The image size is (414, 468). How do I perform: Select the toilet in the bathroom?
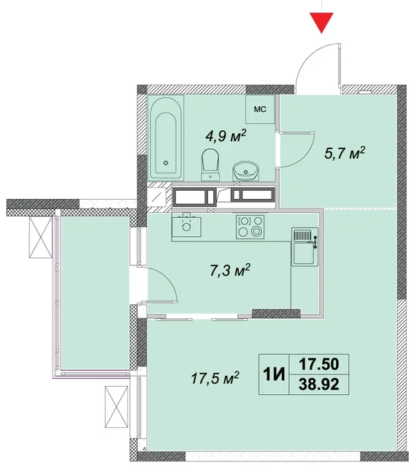click(210, 165)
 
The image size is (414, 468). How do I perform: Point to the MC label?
click(260, 109)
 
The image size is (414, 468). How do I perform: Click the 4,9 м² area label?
click(226, 136)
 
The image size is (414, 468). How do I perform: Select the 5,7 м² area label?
click(345, 154)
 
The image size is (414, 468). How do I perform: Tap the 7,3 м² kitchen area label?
click(230, 271)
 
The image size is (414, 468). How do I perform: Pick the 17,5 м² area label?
click(215, 378)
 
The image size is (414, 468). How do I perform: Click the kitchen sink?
click(187, 225)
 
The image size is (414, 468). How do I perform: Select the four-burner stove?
click(250, 227)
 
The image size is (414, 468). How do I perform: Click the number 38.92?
click(319, 384)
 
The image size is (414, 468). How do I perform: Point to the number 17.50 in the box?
click(319, 364)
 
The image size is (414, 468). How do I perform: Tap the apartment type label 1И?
click(274, 374)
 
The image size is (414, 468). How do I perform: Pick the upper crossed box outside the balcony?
click(41, 237)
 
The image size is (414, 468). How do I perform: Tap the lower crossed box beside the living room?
click(116, 407)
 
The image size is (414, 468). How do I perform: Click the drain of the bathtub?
click(166, 163)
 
